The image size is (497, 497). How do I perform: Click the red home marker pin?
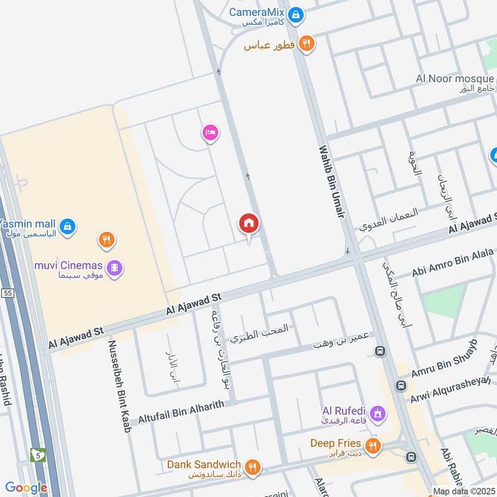point(248,222)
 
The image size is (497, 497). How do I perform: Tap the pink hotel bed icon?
point(210,132)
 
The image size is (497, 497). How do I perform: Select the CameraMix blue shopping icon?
point(296,13)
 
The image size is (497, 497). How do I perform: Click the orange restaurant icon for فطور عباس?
point(306,43)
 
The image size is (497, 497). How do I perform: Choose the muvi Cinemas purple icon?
point(114,268)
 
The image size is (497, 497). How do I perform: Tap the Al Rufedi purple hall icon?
point(376,413)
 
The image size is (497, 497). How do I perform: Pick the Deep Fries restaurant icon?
point(372,445)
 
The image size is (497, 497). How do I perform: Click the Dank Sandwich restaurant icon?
point(252,467)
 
